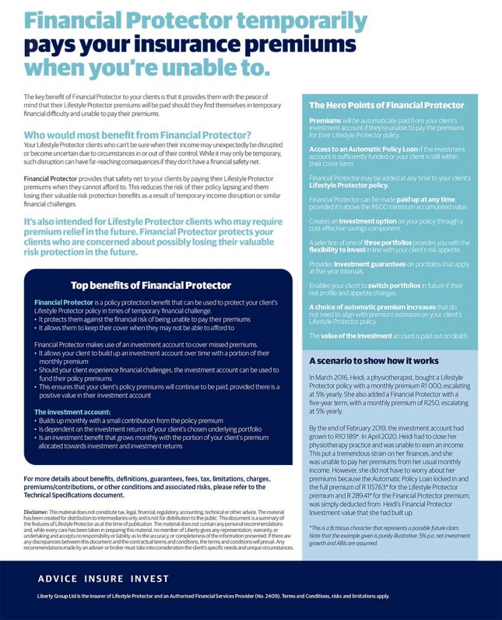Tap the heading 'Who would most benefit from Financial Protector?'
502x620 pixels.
[137, 135]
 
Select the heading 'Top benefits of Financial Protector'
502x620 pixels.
[151, 285]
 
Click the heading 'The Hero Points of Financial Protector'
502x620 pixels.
[386, 105]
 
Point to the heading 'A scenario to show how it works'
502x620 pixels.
[374, 361]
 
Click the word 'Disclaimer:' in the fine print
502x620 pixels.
[36, 512]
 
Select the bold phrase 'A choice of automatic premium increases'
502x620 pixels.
[371, 306]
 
